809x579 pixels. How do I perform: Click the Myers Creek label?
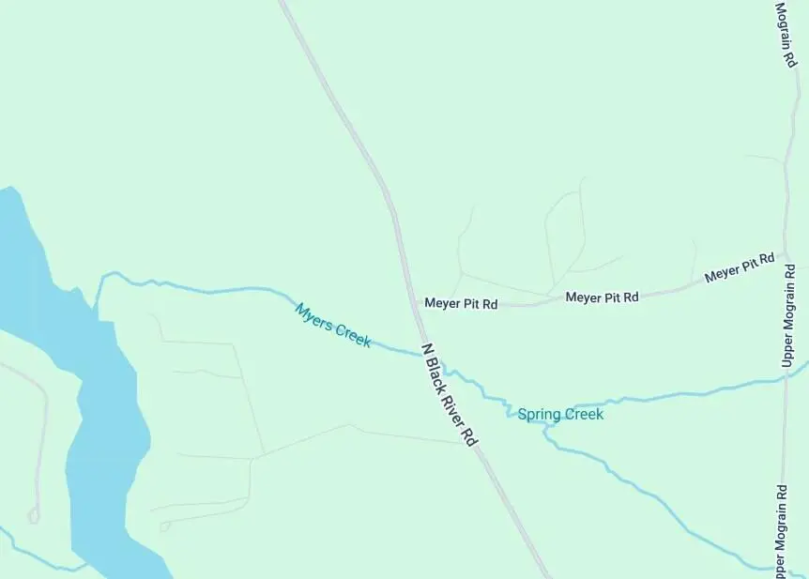(x=333, y=326)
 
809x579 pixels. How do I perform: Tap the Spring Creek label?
(x=560, y=414)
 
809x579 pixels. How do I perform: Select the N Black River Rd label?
(x=450, y=394)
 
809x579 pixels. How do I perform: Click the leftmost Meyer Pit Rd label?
(x=461, y=303)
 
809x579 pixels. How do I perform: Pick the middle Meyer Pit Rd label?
(x=602, y=297)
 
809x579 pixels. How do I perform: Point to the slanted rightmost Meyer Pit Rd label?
(x=740, y=268)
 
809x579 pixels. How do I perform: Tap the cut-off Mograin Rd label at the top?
(x=785, y=34)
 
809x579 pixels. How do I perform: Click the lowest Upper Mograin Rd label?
(x=781, y=530)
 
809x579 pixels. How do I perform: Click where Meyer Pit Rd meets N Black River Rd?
(x=414, y=302)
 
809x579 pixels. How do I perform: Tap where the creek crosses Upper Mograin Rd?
(x=786, y=377)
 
